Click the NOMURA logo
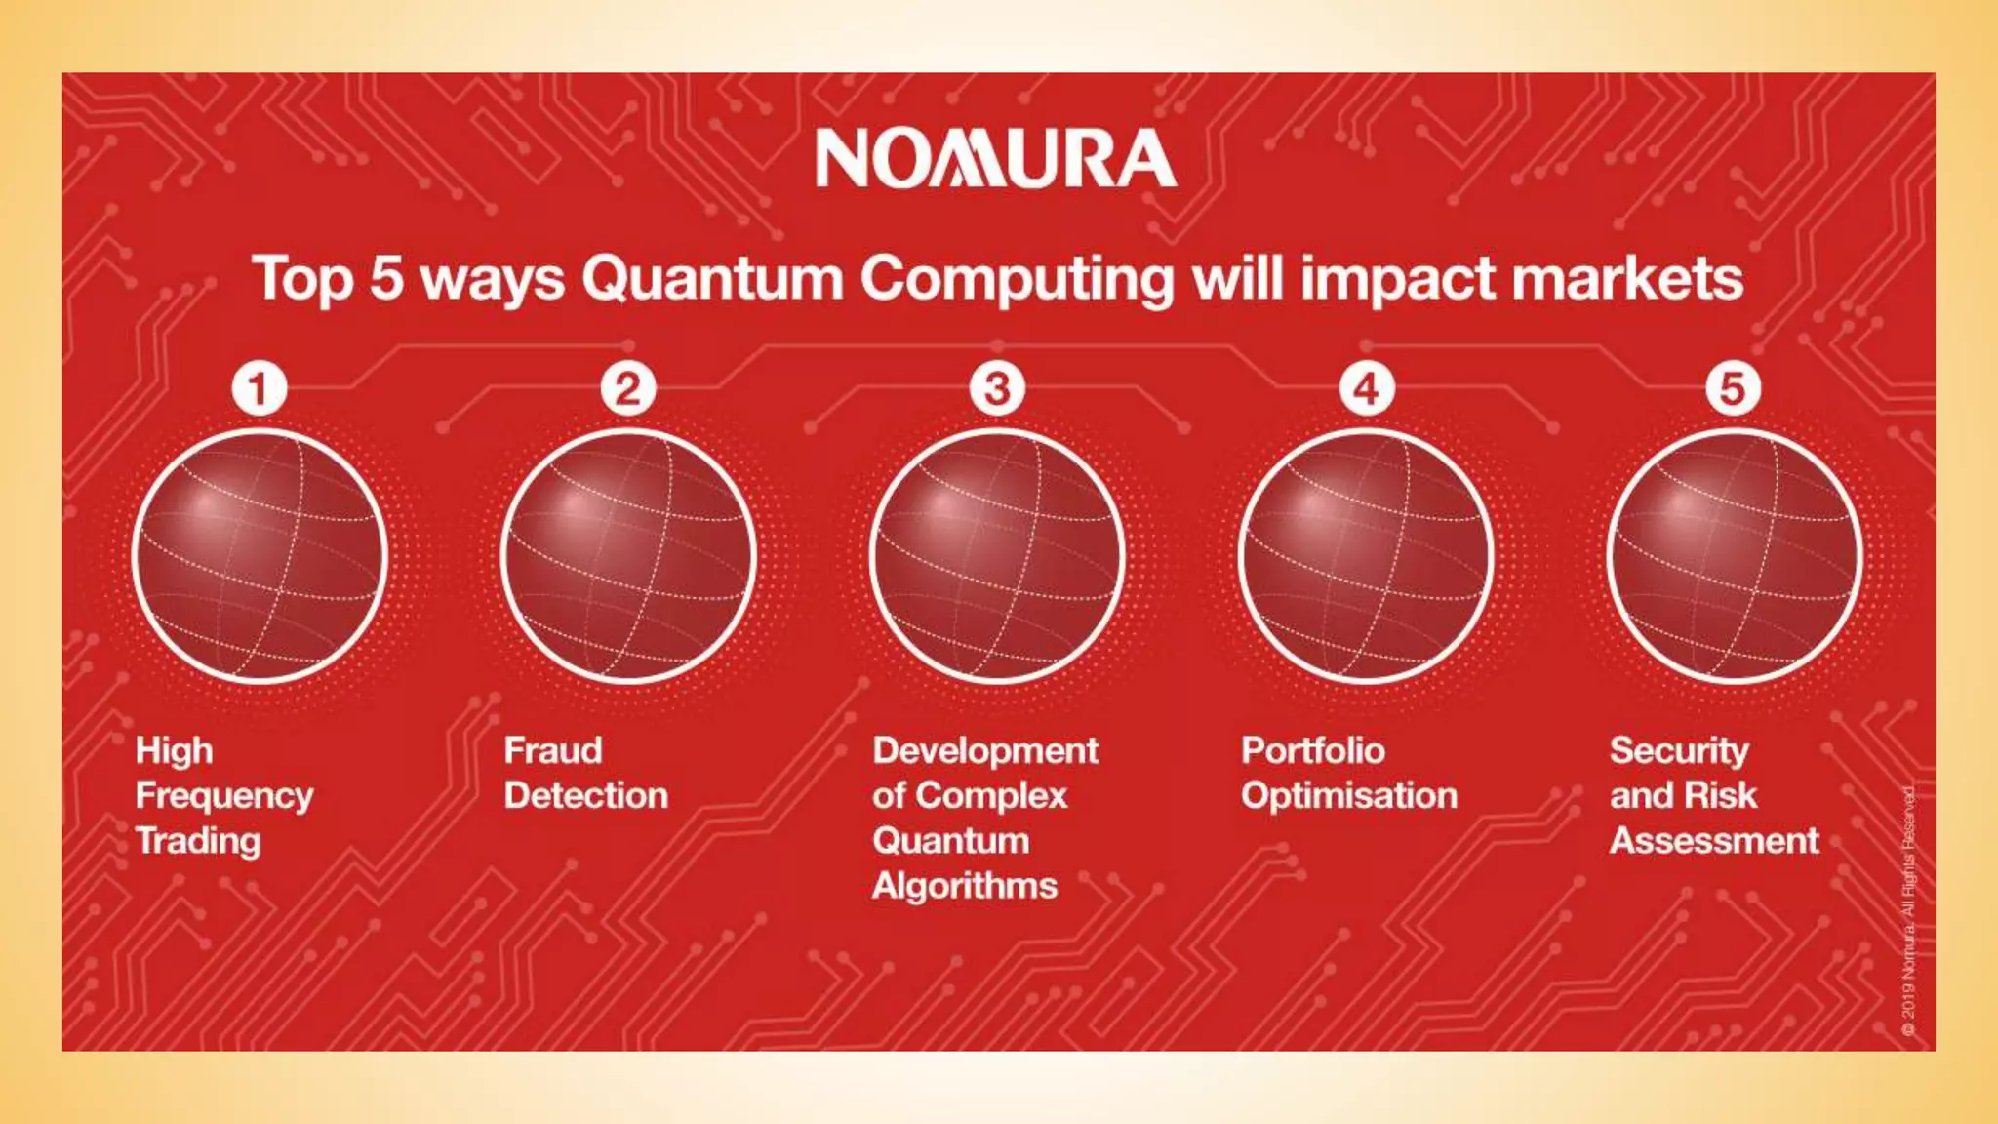tap(996, 158)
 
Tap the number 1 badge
tap(259, 388)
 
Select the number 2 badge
tap(627, 388)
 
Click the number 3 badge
tap(996, 388)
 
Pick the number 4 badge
tap(1365, 388)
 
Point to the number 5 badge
tap(1733, 388)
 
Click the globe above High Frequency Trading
tap(260, 556)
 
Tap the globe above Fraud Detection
tap(628, 556)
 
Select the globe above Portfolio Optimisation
tap(1366, 556)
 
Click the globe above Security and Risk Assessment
tap(1735, 556)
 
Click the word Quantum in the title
tap(712, 280)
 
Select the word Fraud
tap(553, 750)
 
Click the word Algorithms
tap(965, 886)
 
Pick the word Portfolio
tap(1312, 750)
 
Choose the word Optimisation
tap(1349, 796)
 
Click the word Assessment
tap(1714, 841)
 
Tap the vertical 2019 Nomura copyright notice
tap(1908, 912)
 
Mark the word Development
tap(985, 750)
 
